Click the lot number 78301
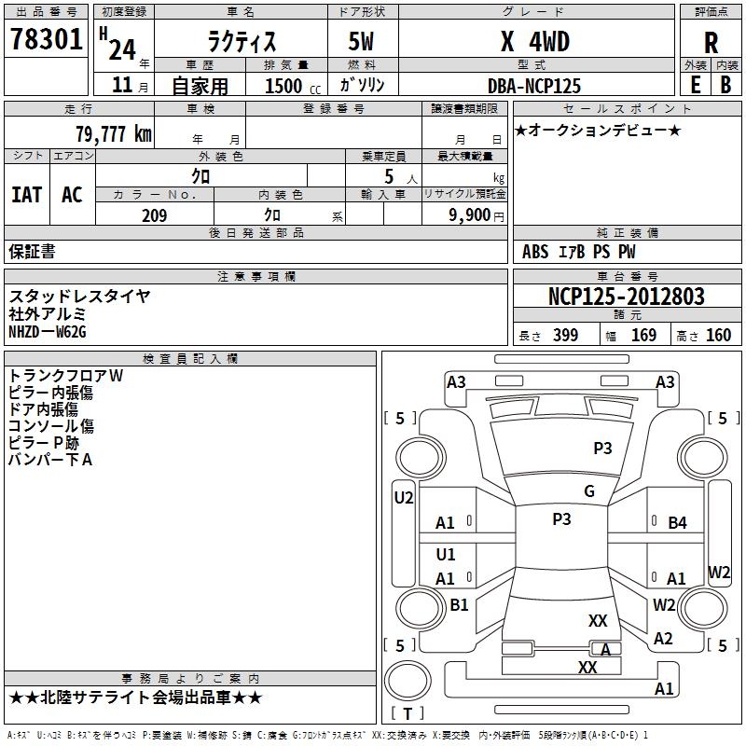(46, 40)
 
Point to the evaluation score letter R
(711, 43)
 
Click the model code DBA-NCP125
(534, 86)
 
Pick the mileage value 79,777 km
(113, 134)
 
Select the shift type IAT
(26, 195)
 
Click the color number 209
(154, 215)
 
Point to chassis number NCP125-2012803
(627, 297)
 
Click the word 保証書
(33, 251)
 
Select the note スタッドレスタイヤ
(79, 297)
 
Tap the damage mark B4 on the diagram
(677, 523)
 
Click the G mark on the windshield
(589, 491)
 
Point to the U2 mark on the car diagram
(403, 498)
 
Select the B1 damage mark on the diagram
(459, 605)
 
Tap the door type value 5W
(361, 41)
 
